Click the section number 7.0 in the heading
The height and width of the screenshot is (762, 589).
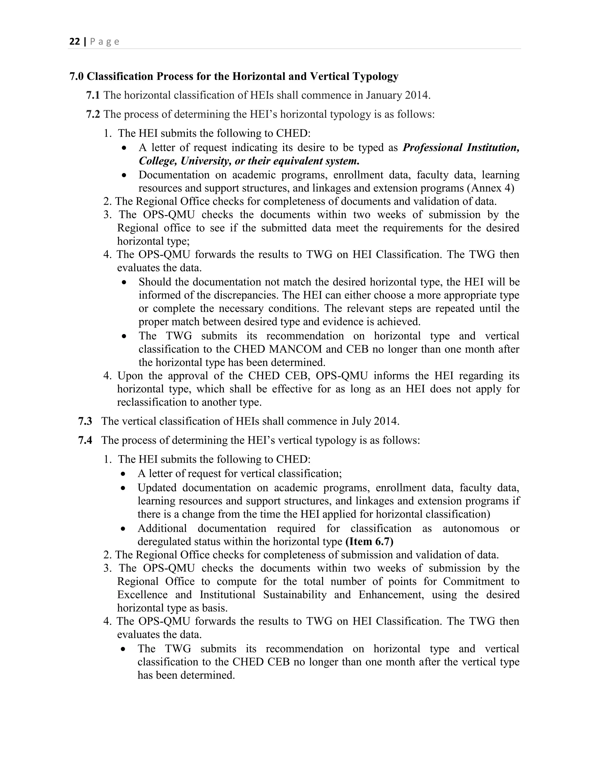coord(77,76)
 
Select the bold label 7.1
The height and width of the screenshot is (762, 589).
coord(93,95)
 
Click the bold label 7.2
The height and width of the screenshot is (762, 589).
coord(93,114)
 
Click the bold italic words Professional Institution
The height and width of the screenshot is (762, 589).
coord(461,148)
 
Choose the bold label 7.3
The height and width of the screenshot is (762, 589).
coord(85,421)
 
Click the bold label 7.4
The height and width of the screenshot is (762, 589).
coord(85,440)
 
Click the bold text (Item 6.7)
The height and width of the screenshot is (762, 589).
coord(369,542)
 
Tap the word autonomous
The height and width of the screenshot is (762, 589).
coord(471,529)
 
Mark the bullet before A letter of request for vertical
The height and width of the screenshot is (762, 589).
coord(123,474)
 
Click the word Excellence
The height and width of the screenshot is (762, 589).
coord(142,595)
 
